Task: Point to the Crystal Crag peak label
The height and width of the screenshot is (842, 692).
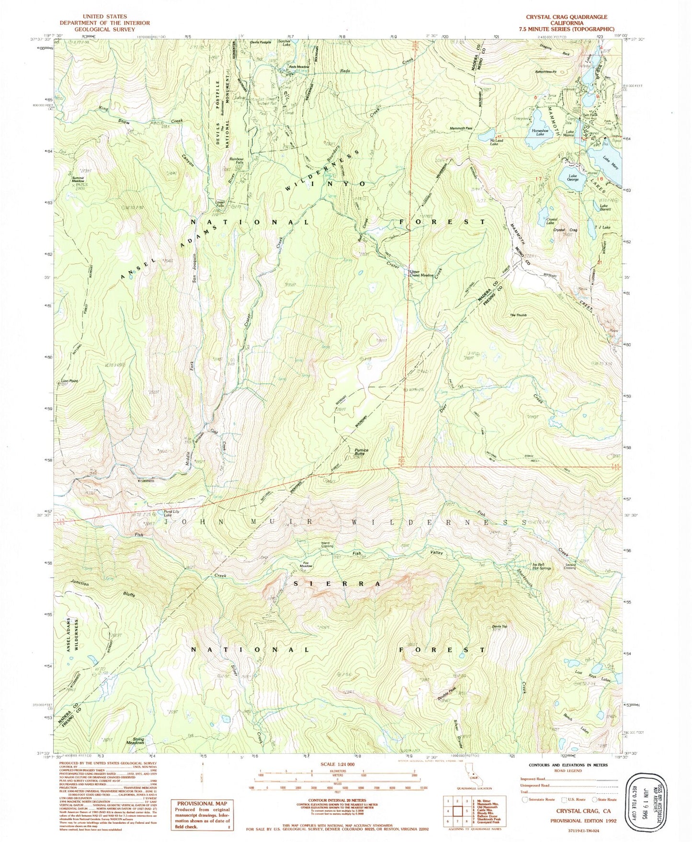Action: pos(565,230)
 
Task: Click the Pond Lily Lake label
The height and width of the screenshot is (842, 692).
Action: pos(171,512)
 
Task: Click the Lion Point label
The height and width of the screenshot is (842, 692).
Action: pos(69,381)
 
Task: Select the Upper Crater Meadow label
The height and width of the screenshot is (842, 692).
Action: pos(421,273)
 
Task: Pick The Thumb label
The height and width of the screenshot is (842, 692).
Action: pos(518,315)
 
